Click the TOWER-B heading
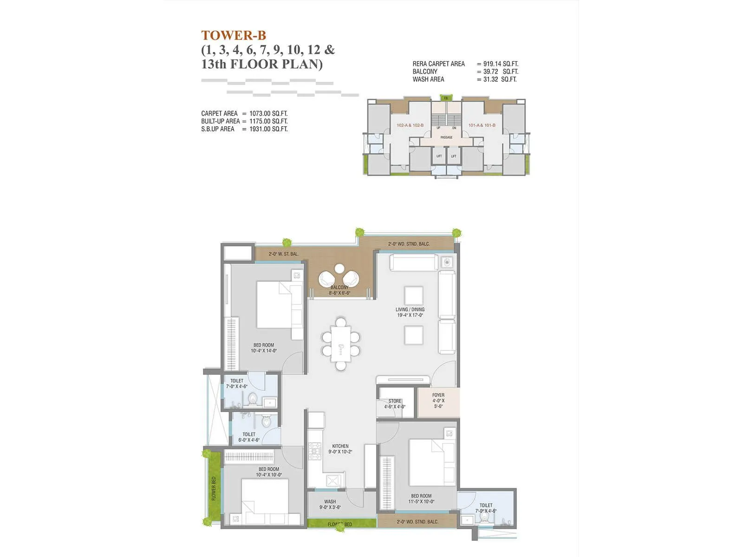234,35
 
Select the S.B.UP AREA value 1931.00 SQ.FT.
268,129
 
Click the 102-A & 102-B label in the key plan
410,125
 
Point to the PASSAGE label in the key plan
446,137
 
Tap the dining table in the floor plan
341,344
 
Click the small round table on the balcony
339,268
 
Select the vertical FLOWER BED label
214,488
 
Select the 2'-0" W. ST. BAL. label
283,254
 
